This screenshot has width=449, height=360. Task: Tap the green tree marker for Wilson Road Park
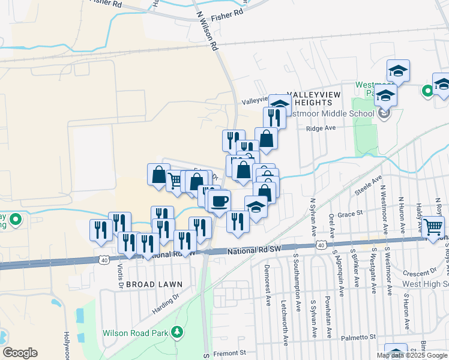click(177, 332)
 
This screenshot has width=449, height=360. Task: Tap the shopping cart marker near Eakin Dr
click(175, 181)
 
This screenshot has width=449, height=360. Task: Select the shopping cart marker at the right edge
click(433, 226)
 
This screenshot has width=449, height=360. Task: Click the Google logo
click(20, 353)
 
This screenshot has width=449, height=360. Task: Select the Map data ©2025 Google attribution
click(412, 355)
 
